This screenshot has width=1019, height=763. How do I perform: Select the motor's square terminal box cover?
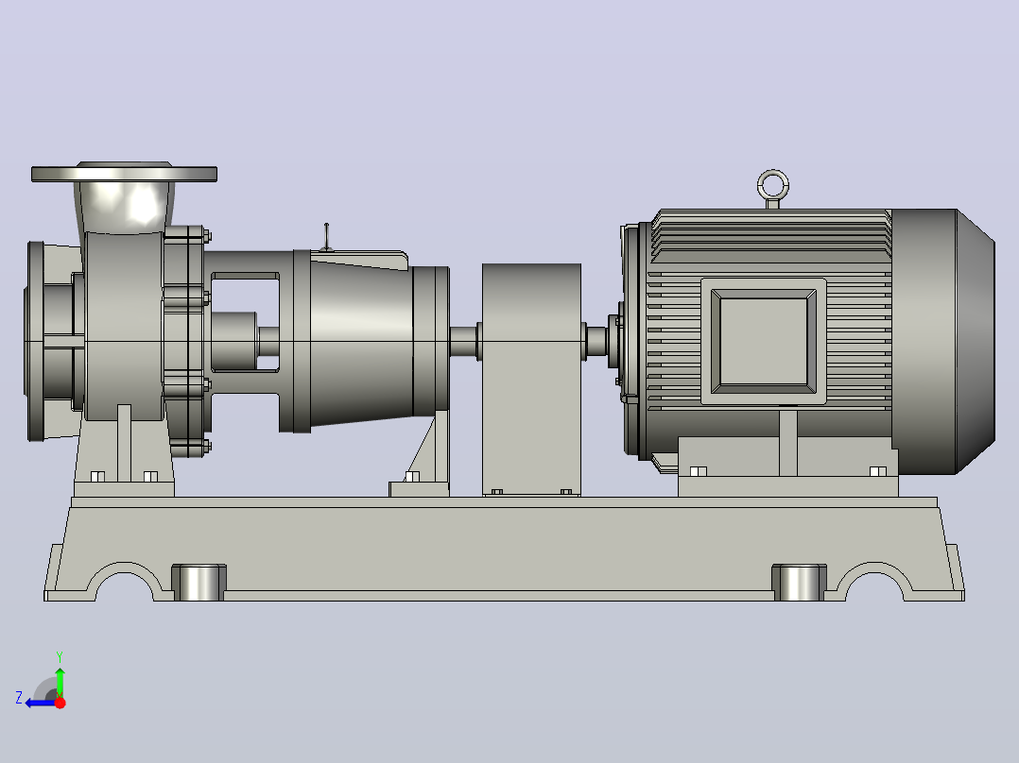(x=764, y=342)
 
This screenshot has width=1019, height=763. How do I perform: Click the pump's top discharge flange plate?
(x=124, y=174)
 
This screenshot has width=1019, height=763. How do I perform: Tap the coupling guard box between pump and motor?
(x=531, y=380)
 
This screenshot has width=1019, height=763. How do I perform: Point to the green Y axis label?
(x=60, y=657)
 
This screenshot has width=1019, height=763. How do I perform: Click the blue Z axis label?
(x=19, y=698)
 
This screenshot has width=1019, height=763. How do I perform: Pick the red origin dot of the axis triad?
(x=60, y=703)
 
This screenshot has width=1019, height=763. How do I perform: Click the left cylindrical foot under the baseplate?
(x=199, y=583)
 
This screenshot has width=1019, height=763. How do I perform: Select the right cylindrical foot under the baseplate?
(x=799, y=583)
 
